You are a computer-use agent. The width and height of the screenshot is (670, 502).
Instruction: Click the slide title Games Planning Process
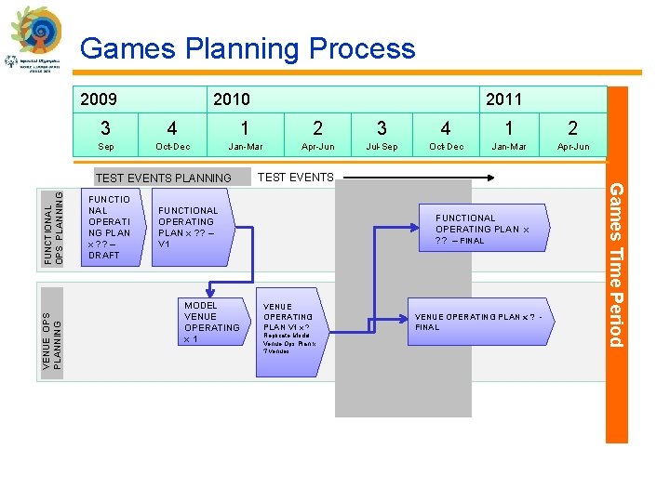[x=248, y=48]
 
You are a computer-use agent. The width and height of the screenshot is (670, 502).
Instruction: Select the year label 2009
[x=99, y=99]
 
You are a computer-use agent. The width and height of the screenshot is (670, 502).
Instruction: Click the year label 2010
[x=232, y=99]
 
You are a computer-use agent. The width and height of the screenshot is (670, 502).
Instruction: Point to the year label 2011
[x=503, y=99]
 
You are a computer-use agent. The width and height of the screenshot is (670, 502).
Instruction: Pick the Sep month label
[x=106, y=147]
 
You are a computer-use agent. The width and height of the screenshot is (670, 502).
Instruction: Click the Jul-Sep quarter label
[x=382, y=147]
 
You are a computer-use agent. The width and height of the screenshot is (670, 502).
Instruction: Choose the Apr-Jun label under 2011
[x=572, y=147]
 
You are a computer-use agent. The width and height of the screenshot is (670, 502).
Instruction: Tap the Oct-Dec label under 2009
[x=172, y=147]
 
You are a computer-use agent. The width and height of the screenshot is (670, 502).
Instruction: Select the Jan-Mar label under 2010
[x=246, y=147]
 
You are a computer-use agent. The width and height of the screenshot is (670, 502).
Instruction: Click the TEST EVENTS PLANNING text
[x=164, y=178]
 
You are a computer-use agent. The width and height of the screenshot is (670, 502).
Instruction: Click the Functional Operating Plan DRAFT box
[x=110, y=227]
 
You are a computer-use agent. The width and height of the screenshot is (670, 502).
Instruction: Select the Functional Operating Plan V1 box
[x=192, y=228]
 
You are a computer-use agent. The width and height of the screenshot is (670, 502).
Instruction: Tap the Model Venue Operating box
[x=213, y=323]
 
